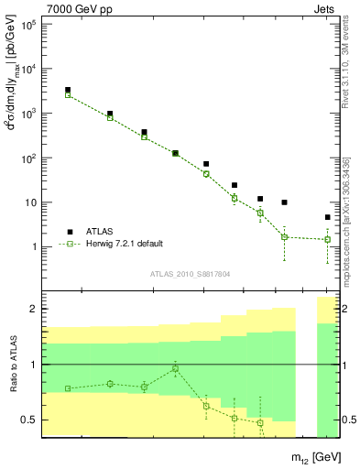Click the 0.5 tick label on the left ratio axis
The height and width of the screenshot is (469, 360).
coord(28,420)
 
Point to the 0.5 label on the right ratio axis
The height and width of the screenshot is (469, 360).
coord(348,420)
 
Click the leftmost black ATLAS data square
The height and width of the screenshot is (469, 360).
coord(68,90)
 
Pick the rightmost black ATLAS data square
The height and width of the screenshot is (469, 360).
coord(328,217)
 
